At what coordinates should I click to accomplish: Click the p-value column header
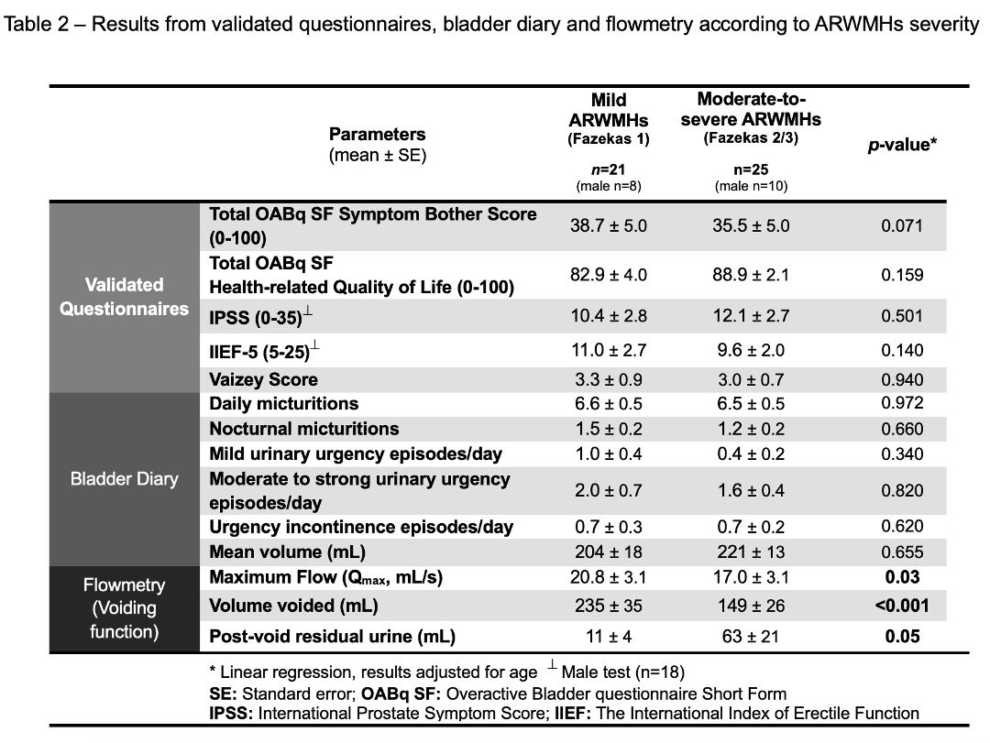pos(902,145)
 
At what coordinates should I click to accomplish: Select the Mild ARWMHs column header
pos(609,119)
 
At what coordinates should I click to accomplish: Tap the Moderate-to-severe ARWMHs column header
pos(751,118)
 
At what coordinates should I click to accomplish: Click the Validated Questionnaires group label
pos(125,297)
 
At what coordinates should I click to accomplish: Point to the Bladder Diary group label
pos(125,478)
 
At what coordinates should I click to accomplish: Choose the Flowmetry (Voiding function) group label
pos(125,608)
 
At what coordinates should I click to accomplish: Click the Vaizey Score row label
pos(263,379)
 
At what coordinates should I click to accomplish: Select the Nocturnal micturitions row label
pos(303,429)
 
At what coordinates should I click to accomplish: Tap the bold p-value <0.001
pos(902,606)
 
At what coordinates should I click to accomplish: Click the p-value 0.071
pos(902,226)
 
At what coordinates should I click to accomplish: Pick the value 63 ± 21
pos(751,637)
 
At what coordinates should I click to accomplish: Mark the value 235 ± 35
pos(609,606)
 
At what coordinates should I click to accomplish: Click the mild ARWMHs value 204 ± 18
pos(609,552)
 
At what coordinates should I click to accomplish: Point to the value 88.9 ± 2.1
pos(751,275)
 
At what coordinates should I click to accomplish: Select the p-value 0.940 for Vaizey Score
pos(902,380)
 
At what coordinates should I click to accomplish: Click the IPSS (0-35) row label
pos(260,316)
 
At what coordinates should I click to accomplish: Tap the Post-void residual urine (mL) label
pos(332,637)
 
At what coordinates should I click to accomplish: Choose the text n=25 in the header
pos(751,169)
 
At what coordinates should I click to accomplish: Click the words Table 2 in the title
pos(37,25)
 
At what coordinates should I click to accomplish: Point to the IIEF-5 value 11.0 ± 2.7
pos(609,350)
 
